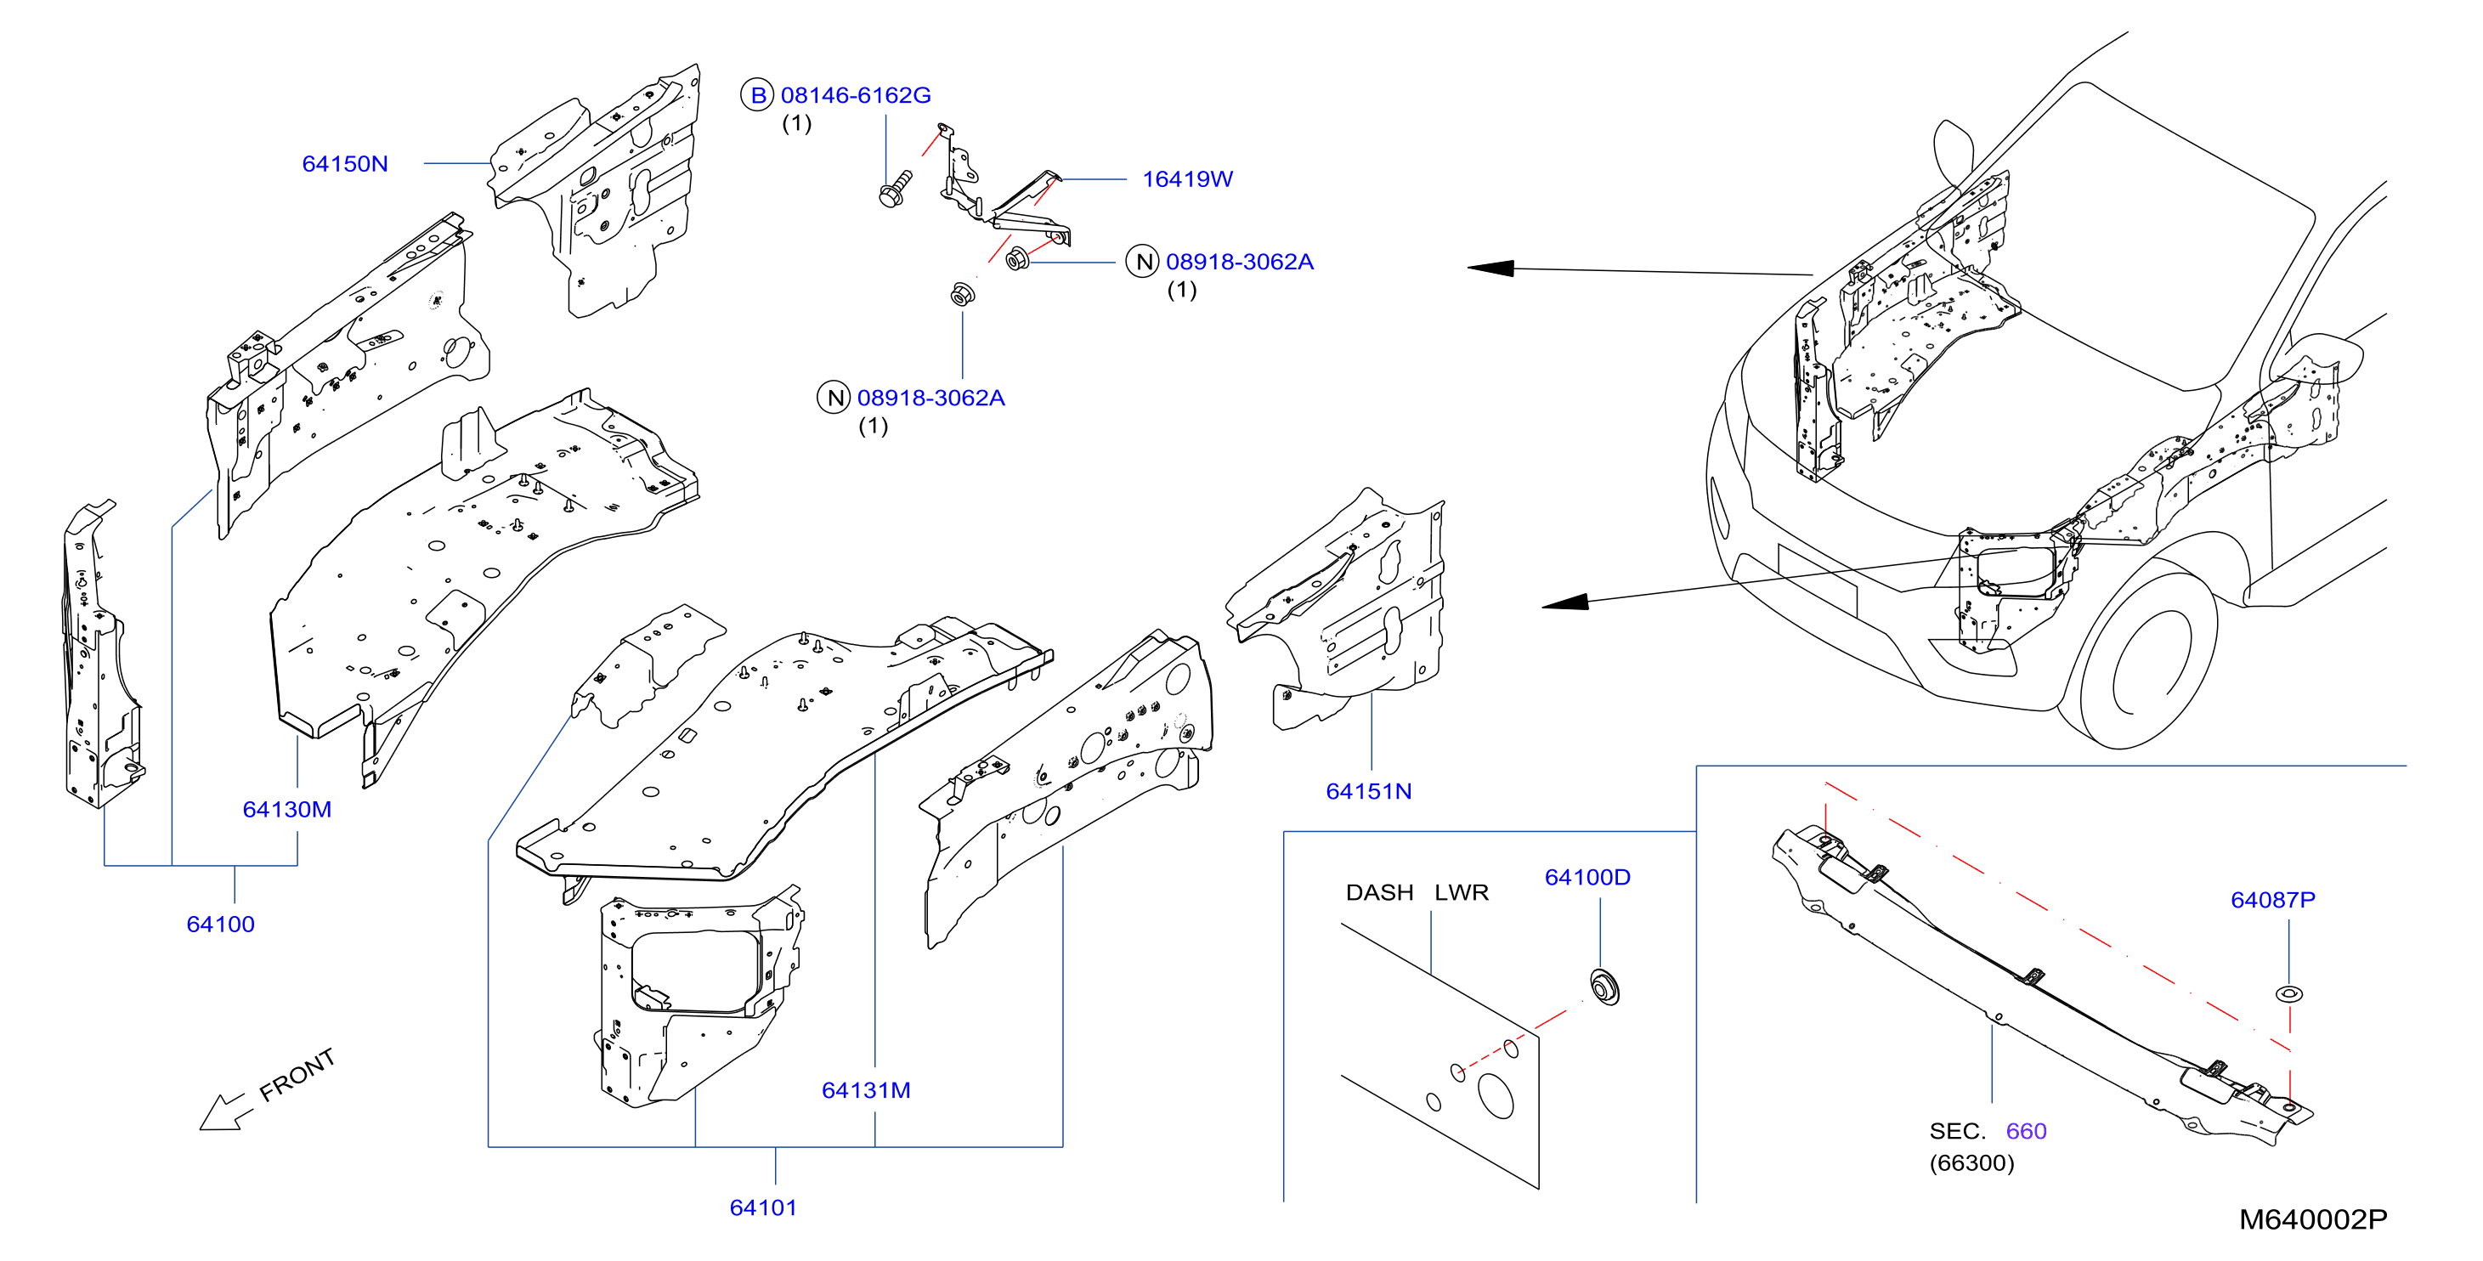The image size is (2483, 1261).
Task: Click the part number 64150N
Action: [x=345, y=164]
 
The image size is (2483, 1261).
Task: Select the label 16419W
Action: [x=1187, y=179]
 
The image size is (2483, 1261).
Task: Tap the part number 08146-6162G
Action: [x=856, y=95]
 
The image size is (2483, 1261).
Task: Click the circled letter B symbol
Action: [x=758, y=95]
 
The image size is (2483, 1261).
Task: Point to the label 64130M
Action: [x=287, y=809]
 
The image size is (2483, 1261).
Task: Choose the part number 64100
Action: [x=221, y=924]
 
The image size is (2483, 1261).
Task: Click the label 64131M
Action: [x=866, y=1089]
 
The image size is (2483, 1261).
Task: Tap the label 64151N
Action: [x=1369, y=790]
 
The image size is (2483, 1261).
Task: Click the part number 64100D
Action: [x=1587, y=877]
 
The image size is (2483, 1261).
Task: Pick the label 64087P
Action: [x=2273, y=900]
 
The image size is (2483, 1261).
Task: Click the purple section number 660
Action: [x=2026, y=1131]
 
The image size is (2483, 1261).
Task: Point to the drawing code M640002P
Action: [x=2313, y=1219]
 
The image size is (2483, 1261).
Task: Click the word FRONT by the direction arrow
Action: [x=298, y=1074]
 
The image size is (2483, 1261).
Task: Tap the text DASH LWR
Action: [x=1417, y=893]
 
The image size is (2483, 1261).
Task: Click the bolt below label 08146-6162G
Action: [x=896, y=189]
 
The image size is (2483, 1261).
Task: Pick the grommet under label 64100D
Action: [x=1605, y=987]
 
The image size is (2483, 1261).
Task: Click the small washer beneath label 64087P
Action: [x=2289, y=993]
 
